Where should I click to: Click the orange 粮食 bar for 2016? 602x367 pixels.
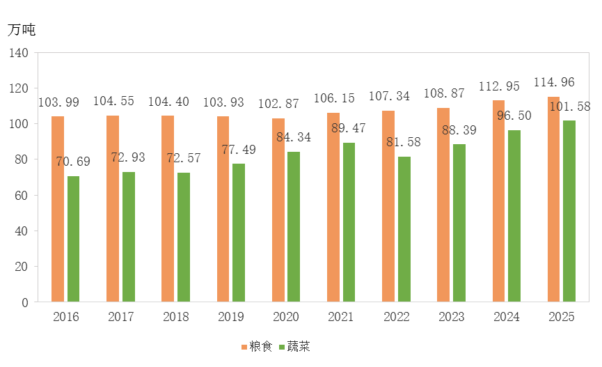[x=58, y=209]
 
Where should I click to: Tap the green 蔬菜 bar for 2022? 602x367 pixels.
[x=404, y=229]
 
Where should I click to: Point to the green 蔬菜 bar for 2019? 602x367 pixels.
[x=239, y=233]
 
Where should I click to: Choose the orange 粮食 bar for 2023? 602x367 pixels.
[x=443, y=205]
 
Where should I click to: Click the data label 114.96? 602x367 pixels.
[x=554, y=82]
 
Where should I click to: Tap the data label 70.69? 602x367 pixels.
[x=73, y=162]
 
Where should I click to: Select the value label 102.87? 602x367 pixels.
[x=278, y=104]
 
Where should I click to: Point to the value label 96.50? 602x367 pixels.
[x=514, y=116]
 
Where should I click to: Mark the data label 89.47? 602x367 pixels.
[x=349, y=128]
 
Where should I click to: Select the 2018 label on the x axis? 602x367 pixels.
[x=175, y=318]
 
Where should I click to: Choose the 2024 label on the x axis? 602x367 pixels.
[x=506, y=318]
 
